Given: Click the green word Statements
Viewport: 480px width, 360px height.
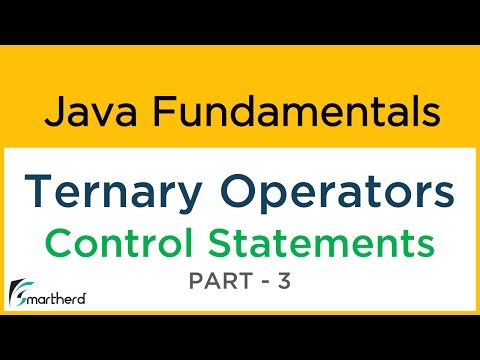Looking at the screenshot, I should [320, 242].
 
